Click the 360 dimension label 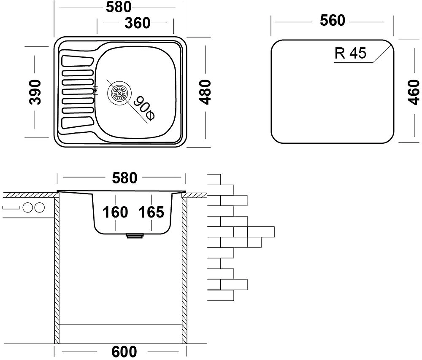138,24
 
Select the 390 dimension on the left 36,91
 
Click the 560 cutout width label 332,20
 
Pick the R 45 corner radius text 350,53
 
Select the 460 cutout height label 414,92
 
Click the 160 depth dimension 115,212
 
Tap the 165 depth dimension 151,212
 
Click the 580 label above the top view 119,7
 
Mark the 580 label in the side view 125,178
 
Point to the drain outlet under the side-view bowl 135,236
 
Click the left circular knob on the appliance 29,207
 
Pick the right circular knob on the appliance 39,207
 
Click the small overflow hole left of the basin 95,90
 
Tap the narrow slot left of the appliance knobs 11,207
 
